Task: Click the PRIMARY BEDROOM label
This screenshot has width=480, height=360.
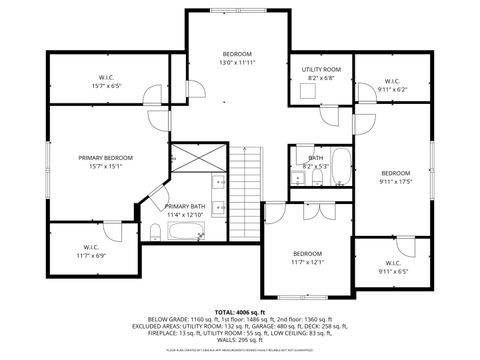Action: point(106,158)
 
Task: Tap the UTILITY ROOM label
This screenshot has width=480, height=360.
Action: point(321,69)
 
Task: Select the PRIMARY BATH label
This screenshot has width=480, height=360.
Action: point(184,206)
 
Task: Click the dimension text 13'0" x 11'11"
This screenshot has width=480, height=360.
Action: point(237,62)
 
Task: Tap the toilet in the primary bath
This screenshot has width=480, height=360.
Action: point(156,234)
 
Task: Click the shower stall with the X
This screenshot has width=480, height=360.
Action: point(187,158)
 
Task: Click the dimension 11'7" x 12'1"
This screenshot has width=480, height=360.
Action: point(307,262)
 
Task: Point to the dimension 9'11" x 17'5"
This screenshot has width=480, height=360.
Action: point(395,181)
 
